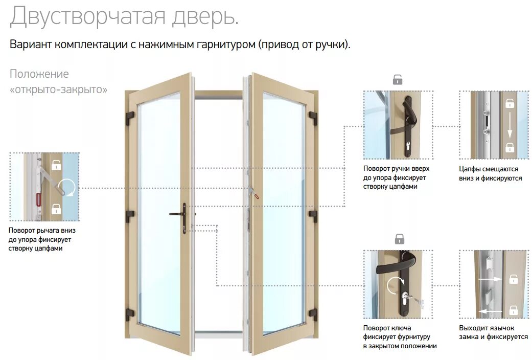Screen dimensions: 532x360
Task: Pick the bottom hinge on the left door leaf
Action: click(x=130, y=313)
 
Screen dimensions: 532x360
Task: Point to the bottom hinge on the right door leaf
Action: click(x=312, y=313)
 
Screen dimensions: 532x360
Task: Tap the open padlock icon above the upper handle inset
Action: click(x=398, y=79)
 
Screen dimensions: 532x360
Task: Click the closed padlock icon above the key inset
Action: click(x=399, y=238)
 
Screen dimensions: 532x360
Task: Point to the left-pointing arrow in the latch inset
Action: click(x=489, y=310)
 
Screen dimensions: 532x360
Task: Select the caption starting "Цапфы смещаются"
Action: click(x=489, y=169)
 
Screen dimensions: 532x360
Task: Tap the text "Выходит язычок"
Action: click(x=487, y=328)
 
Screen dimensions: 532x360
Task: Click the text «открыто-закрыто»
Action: click(x=59, y=89)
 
